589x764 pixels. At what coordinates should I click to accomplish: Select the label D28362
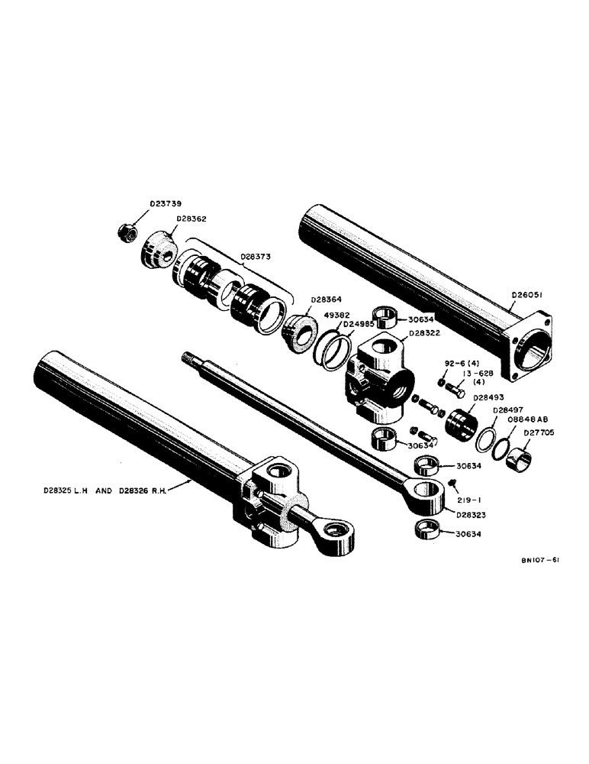click(x=191, y=219)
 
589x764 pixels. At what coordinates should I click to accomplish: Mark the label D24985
click(x=357, y=323)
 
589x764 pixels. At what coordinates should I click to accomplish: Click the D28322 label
click(x=423, y=333)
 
